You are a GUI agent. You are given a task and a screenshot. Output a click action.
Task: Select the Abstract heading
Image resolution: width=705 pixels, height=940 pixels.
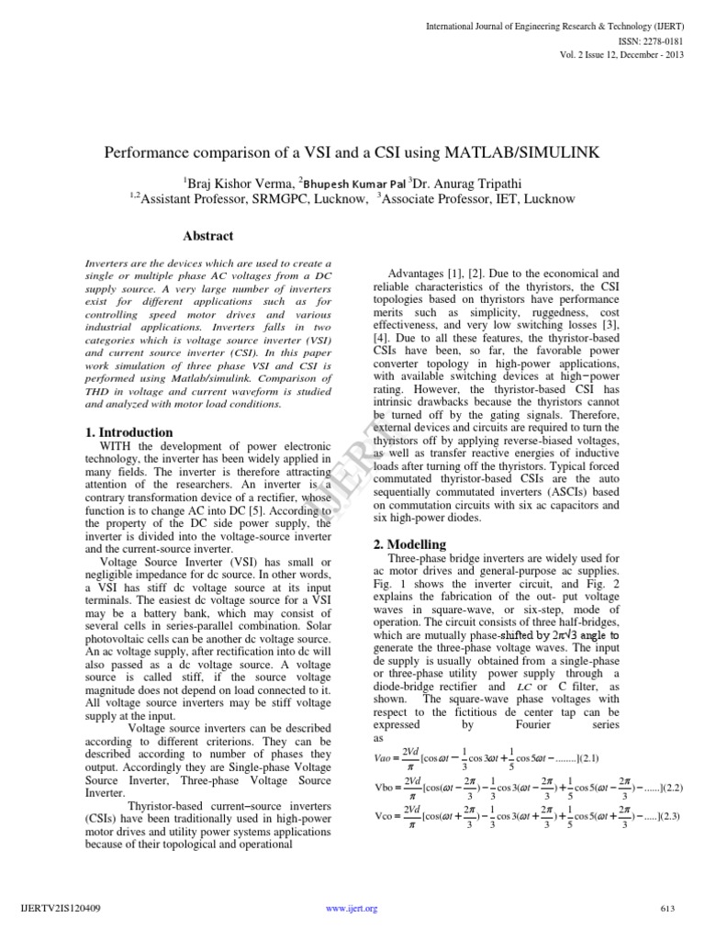[208, 236]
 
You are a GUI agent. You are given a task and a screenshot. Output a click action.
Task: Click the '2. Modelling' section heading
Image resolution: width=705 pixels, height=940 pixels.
[409, 544]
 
